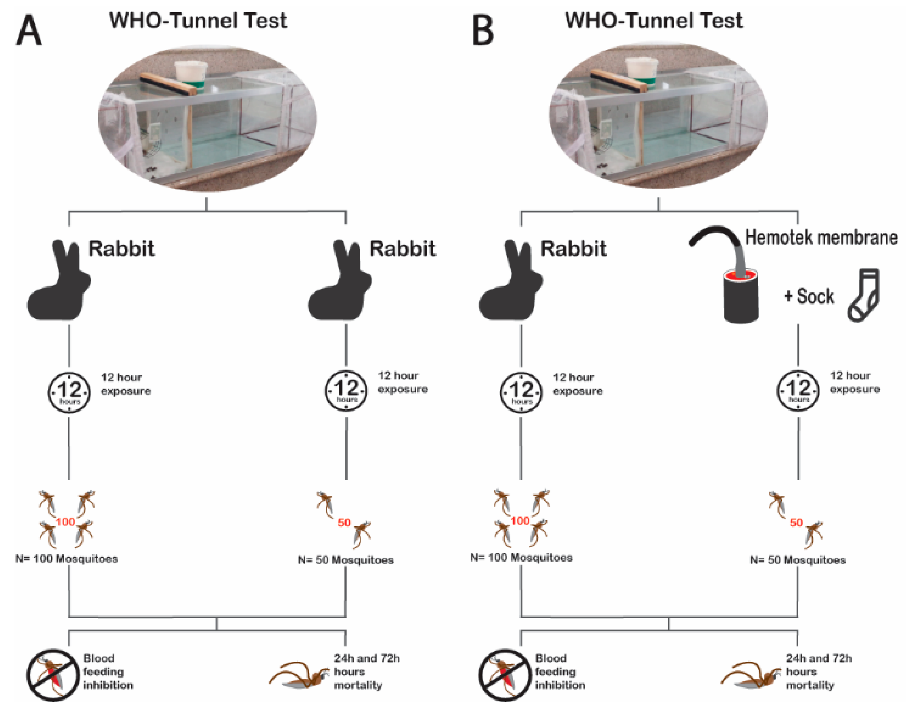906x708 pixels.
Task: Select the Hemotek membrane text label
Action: tap(821, 238)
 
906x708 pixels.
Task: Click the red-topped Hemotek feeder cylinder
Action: tap(741, 296)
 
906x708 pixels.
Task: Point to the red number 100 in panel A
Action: tap(66, 522)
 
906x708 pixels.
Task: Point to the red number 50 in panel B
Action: tap(796, 522)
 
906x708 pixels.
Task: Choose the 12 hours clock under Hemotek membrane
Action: tap(798, 390)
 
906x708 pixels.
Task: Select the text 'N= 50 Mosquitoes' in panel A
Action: tap(345, 560)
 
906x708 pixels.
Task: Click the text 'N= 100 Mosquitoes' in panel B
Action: tap(521, 558)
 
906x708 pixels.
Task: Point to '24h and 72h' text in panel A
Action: tap(367, 658)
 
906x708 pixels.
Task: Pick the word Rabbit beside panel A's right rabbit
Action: tap(402, 249)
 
